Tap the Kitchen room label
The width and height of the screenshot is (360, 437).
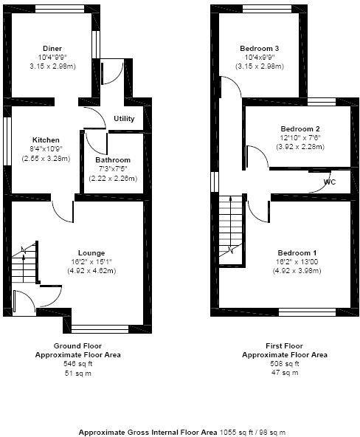click(45, 140)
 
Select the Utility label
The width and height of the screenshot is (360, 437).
click(124, 119)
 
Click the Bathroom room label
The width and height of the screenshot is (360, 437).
click(113, 160)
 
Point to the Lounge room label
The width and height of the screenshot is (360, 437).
click(91, 252)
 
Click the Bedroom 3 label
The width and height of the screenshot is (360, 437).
click(259, 49)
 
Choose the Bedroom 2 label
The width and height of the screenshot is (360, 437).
click(289, 128)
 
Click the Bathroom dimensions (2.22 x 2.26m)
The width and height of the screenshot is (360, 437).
click(113, 178)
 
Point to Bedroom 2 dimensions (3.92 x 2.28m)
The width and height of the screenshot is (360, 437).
click(289, 146)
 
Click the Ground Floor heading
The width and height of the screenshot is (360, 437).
click(77, 345)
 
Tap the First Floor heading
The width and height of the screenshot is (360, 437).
click(284, 345)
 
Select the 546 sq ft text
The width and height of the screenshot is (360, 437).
click(77, 364)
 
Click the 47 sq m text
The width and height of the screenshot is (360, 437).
click(284, 373)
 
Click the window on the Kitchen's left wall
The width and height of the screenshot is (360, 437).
click(7, 140)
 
